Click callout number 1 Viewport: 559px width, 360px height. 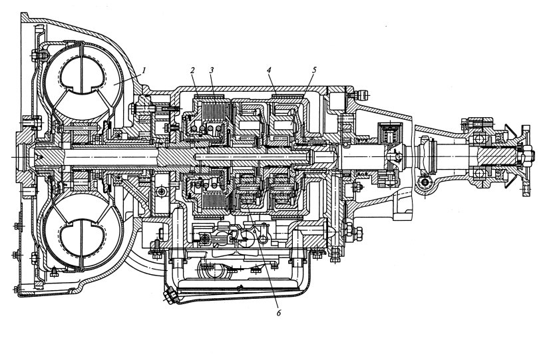143,71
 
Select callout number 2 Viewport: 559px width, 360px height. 192,71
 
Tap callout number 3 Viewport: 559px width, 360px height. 212,71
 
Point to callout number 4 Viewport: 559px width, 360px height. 269,71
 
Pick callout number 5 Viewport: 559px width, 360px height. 313,71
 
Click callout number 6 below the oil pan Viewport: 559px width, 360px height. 279,313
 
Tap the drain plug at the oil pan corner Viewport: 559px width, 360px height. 168,297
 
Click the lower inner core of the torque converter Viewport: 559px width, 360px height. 83,237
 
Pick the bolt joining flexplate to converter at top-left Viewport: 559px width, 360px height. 39,55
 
